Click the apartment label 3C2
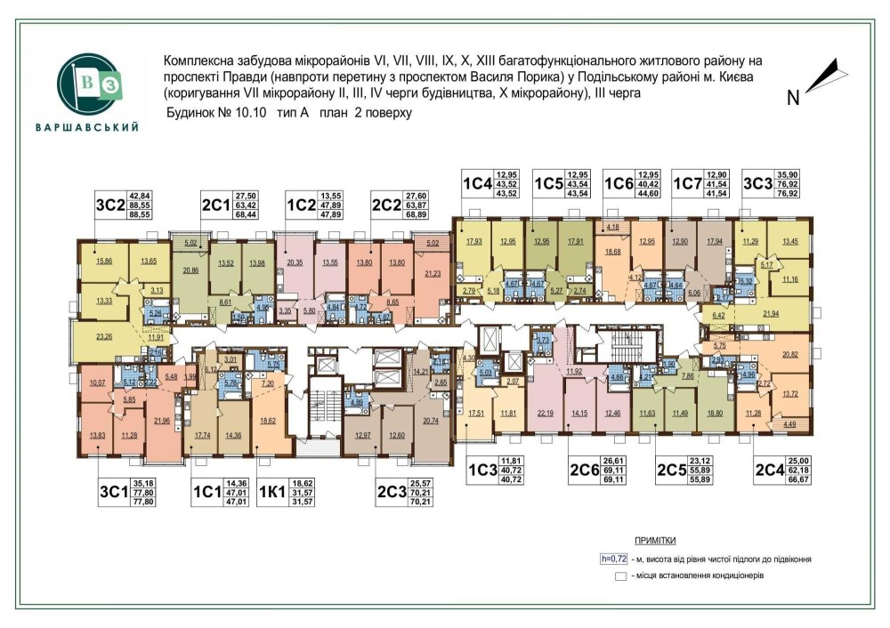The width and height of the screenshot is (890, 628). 110,205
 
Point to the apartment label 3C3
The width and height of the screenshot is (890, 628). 756,184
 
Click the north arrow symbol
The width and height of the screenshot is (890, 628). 821,76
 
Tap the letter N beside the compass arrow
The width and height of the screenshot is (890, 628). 792,98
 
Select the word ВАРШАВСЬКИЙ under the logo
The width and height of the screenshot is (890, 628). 86,127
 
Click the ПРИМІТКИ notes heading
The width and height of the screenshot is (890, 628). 654,541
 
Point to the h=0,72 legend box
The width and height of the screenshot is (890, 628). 614,559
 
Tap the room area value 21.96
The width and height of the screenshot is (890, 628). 162,421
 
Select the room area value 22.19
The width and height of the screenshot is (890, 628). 546,412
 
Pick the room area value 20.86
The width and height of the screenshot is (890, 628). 189,270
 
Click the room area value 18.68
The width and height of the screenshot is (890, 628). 612,253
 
